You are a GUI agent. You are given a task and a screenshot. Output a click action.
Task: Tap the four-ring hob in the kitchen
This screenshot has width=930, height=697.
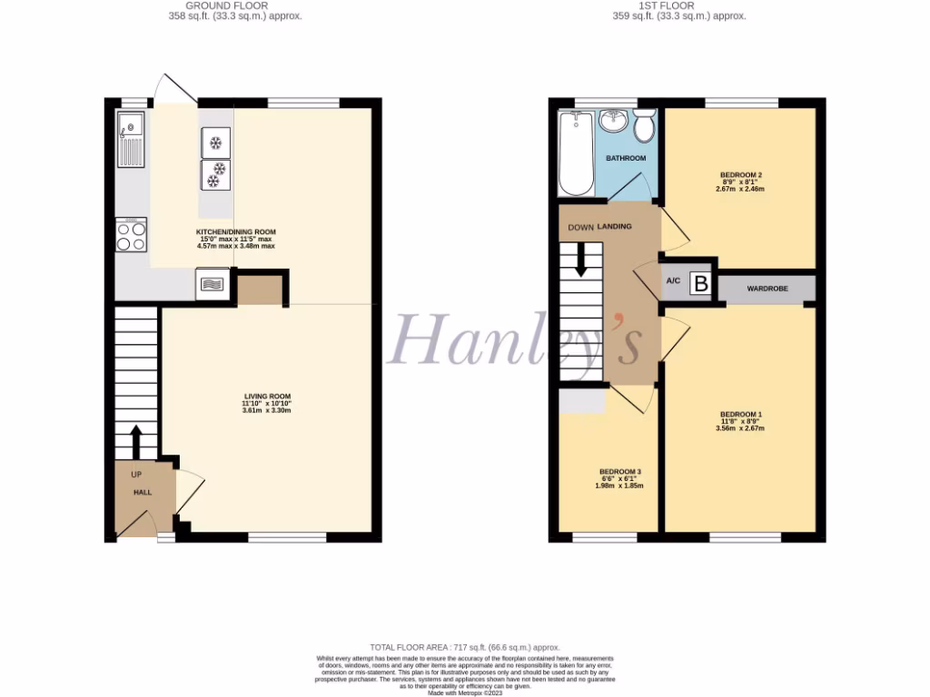[x=131, y=235]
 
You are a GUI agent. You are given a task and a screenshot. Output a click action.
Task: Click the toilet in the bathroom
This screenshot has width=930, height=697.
[x=645, y=126]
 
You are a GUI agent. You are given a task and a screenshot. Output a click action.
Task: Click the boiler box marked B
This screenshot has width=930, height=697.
[x=700, y=283]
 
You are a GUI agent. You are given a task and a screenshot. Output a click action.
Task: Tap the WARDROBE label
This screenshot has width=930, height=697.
[x=767, y=289]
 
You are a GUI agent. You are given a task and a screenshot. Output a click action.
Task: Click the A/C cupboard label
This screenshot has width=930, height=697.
[x=673, y=281]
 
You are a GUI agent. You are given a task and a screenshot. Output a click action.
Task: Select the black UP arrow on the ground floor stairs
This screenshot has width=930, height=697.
[x=136, y=443]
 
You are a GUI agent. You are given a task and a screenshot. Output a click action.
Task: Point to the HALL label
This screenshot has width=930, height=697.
[x=143, y=492]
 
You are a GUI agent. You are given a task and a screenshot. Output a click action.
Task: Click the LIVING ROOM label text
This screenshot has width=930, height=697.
[x=267, y=397]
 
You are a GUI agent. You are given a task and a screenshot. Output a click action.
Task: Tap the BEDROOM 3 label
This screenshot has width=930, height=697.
[x=620, y=472]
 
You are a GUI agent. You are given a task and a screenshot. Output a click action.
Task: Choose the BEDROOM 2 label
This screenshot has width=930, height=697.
[x=740, y=174]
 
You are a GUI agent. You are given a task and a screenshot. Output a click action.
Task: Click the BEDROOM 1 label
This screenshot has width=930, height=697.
[x=740, y=415]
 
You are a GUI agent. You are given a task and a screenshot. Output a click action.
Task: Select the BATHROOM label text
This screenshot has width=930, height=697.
[x=626, y=158]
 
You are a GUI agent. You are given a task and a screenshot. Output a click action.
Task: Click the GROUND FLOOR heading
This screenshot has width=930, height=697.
[x=236, y=5]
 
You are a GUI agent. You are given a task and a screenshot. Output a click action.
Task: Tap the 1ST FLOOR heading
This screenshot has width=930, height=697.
[x=679, y=5]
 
